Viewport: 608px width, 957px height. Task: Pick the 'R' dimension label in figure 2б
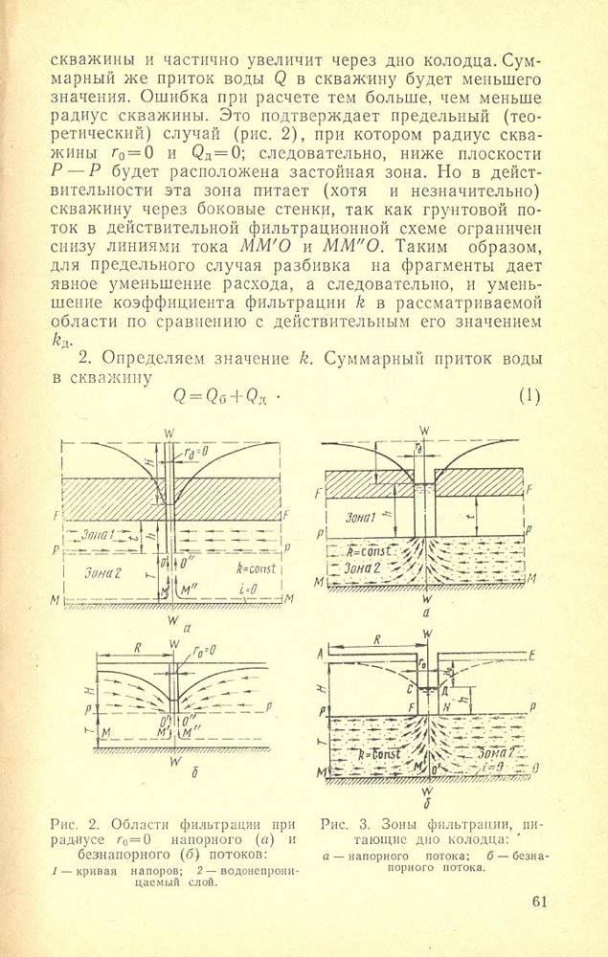139,648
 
